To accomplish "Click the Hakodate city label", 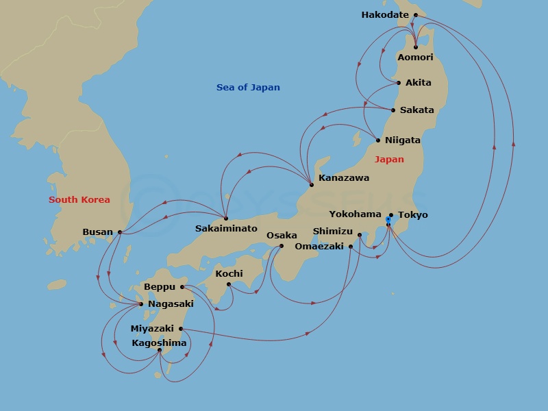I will tap(384, 15).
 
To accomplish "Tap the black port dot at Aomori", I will tap(416, 47).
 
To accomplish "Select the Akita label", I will tap(418, 83).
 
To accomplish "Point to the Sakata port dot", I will tap(393, 110).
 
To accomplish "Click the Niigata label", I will tap(402, 140).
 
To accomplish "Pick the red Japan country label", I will tap(389, 160).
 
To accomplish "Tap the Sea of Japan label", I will tap(248, 88).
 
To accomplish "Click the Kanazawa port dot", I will tap(312, 185).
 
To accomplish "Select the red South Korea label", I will tap(79, 200).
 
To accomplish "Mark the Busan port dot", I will tap(120, 232).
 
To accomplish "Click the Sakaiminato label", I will tap(226, 228).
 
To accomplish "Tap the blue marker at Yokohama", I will tap(388, 220).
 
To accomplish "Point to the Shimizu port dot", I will tap(360, 235).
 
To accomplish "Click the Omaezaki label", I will tap(319, 247).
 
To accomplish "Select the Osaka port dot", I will tap(282, 246).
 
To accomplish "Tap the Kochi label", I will tap(229, 273).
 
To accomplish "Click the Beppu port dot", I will tap(182, 287).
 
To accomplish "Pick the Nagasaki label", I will tap(171, 304).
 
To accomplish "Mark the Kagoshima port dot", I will tap(160, 350).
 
